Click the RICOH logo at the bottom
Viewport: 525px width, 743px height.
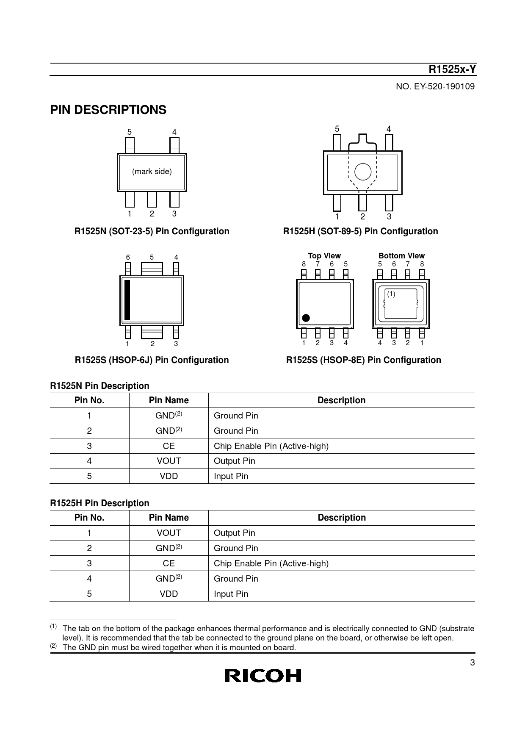point(262,676)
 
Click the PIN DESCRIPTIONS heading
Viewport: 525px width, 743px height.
point(108,110)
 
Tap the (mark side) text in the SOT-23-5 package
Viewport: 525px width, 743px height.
point(152,172)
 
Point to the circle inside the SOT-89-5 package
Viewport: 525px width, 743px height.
point(362,172)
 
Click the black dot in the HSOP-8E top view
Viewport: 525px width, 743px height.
point(306,318)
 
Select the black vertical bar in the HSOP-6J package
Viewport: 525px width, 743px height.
point(127,300)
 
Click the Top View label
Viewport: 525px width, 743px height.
point(324,256)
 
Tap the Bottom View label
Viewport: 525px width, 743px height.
point(401,256)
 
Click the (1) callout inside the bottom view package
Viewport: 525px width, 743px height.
point(391,294)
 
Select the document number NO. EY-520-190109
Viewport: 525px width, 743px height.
point(435,87)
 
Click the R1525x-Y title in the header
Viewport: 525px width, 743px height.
point(452,69)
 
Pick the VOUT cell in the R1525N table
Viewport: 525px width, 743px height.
point(169,461)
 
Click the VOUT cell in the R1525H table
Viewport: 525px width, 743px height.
point(169,533)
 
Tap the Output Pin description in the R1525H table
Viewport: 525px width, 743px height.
point(235,533)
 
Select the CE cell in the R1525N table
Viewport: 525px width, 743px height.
point(169,446)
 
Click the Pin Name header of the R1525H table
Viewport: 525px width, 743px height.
point(169,518)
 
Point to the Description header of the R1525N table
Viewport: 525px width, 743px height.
point(341,400)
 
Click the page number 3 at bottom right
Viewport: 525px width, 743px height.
point(472,663)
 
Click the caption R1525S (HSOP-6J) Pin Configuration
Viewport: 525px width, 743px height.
point(152,360)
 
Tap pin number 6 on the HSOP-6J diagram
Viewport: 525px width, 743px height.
point(128,258)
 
